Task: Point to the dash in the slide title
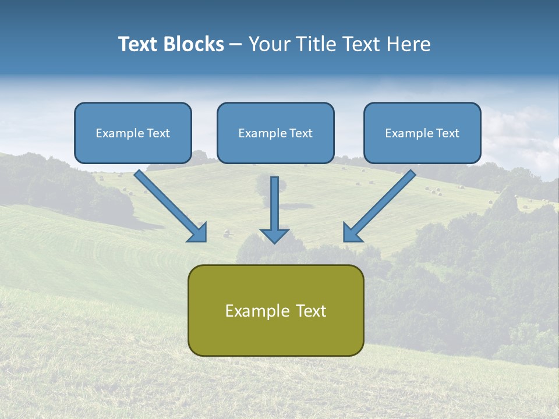tap(236, 45)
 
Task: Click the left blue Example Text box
tap(133, 133)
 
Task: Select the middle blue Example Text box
tap(275, 133)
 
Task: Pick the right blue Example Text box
tap(422, 133)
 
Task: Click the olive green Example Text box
tap(275, 310)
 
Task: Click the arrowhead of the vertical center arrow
tap(274, 236)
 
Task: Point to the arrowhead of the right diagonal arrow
tap(351, 233)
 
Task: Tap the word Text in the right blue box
tap(448, 133)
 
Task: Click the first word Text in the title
tap(140, 44)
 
